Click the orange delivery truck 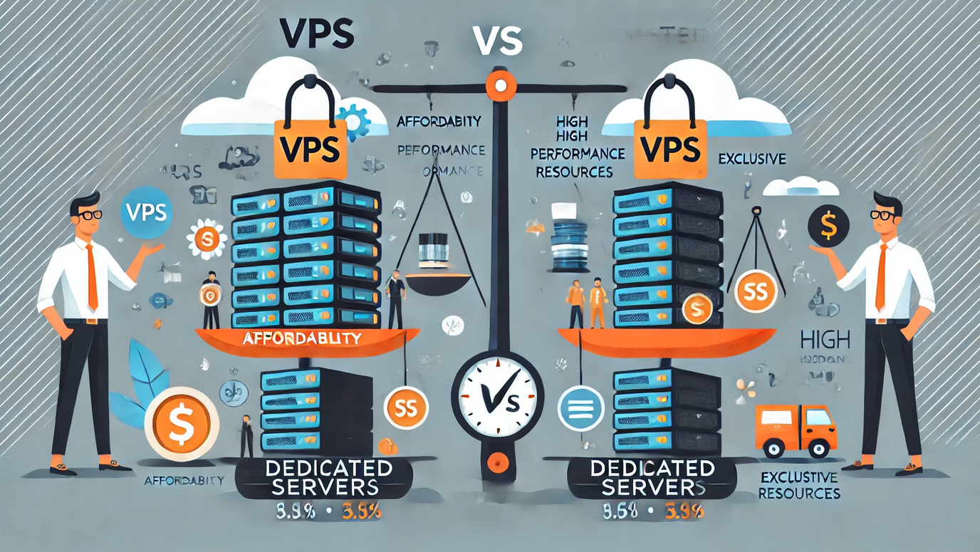(796, 430)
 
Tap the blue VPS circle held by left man (145, 211)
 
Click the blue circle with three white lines (582, 410)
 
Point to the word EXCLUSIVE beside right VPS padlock (752, 159)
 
